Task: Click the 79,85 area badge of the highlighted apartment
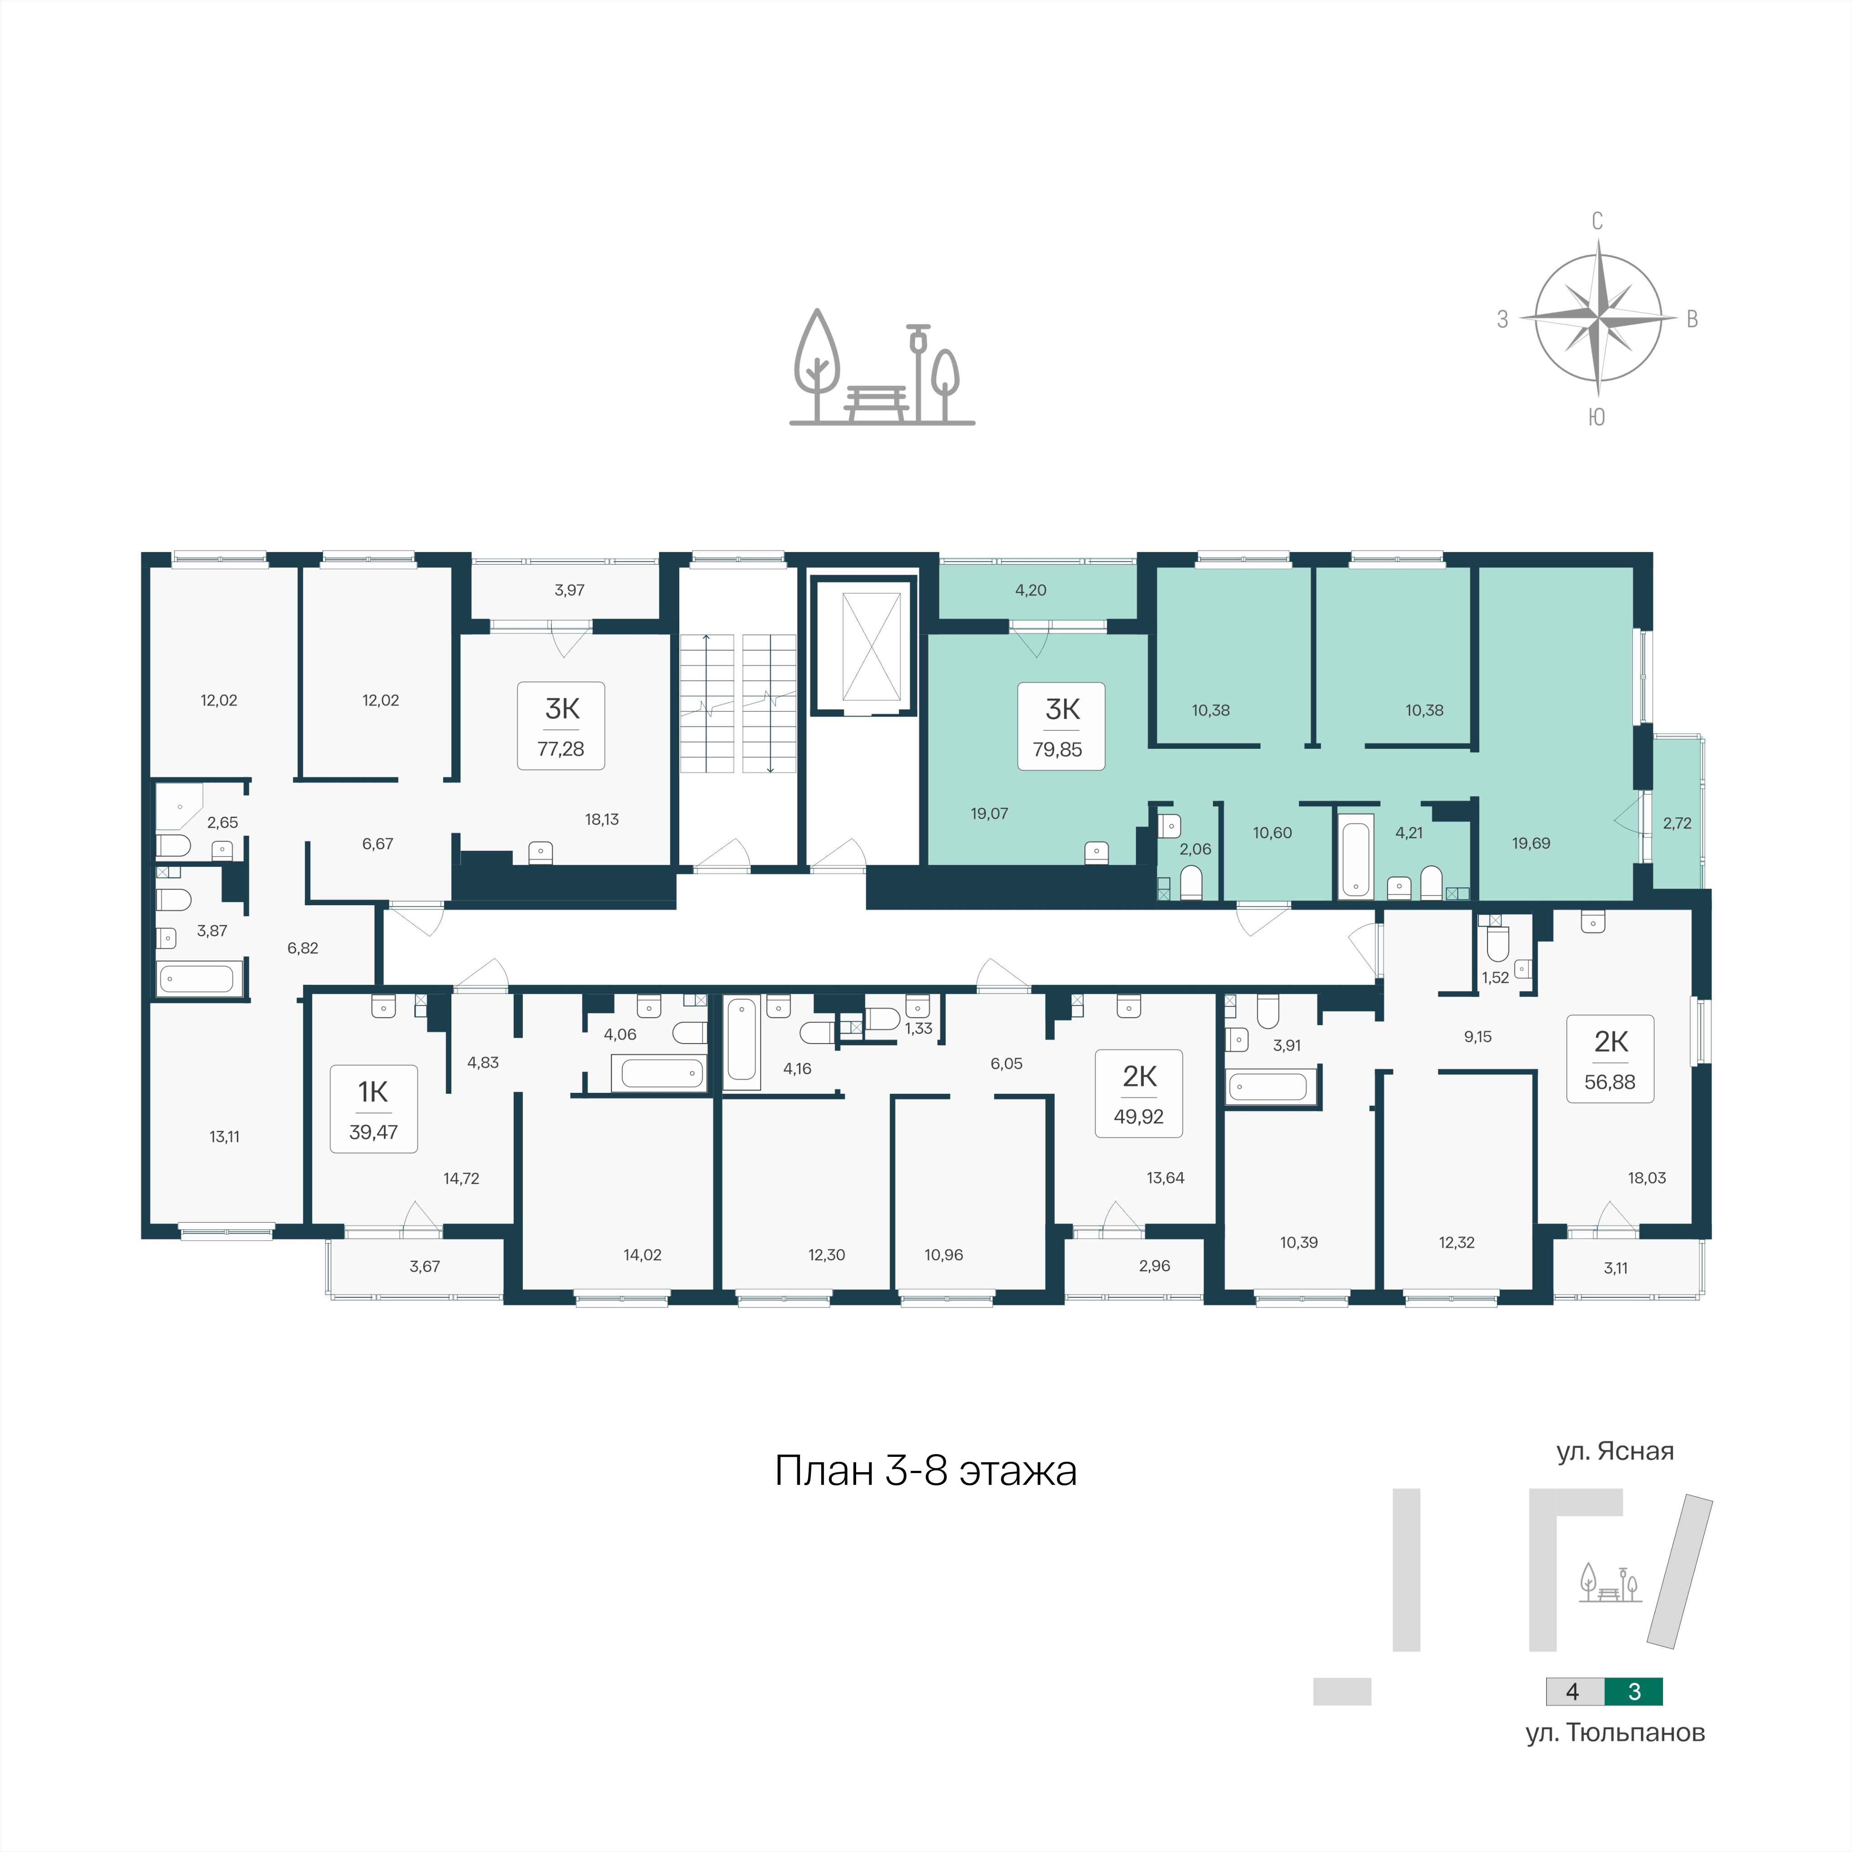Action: click(1061, 727)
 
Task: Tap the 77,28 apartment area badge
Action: click(561, 726)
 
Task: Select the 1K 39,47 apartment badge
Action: click(374, 1109)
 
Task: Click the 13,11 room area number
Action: click(224, 1137)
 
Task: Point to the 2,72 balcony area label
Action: click(1677, 823)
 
